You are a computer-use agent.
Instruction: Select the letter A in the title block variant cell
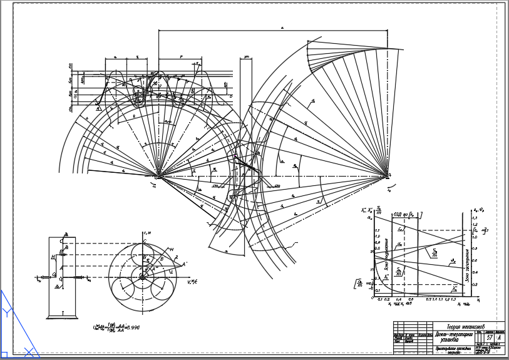point(498,338)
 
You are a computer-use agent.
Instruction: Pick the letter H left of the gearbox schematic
point(53,257)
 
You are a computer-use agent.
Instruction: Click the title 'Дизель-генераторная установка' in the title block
point(460,338)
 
